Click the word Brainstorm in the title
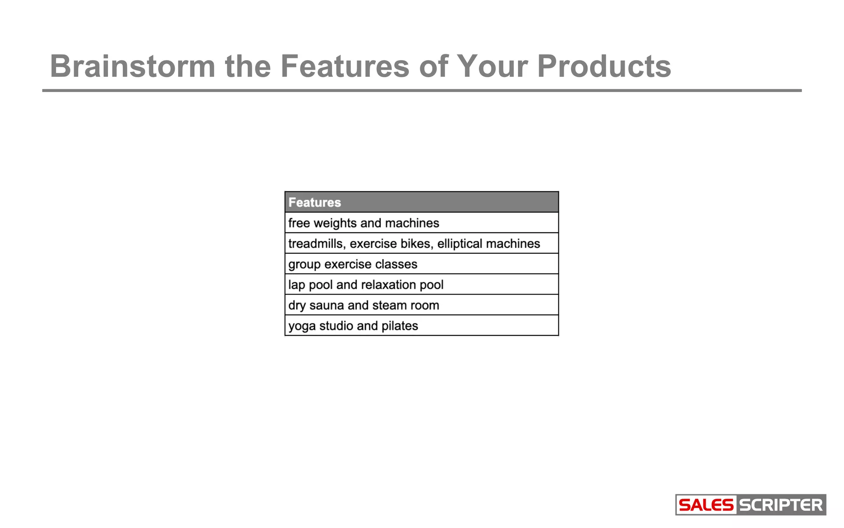pyautogui.click(x=132, y=66)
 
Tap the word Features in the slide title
pyautogui.click(x=345, y=66)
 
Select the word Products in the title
pyautogui.click(x=604, y=66)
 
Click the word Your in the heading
pyautogui.click(x=492, y=66)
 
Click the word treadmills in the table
pyautogui.click(x=316, y=243)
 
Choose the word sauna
pyautogui.click(x=326, y=305)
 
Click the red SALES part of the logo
pyautogui.click(x=706, y=505)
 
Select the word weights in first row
pyautogui.click(x=335, y=223)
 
